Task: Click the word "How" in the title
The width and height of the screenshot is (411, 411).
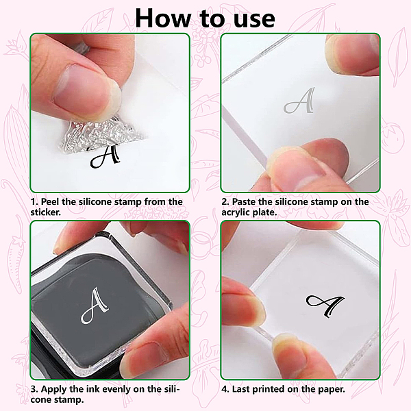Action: coord(163,18)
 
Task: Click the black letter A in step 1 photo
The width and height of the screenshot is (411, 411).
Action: coord(105,156)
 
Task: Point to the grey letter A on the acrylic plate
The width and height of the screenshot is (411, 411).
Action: coord(299,101)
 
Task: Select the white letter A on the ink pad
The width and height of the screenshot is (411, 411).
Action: coord(95,306)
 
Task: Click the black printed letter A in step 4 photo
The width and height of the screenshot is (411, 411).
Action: coord(325,306)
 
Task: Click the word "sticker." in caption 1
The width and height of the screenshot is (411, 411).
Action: coord(46,212)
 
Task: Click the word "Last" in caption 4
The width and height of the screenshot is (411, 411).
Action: coord(241,389)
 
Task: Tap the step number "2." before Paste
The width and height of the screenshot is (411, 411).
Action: coord(225,202)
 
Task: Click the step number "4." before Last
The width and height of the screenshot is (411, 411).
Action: coord(225,389)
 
